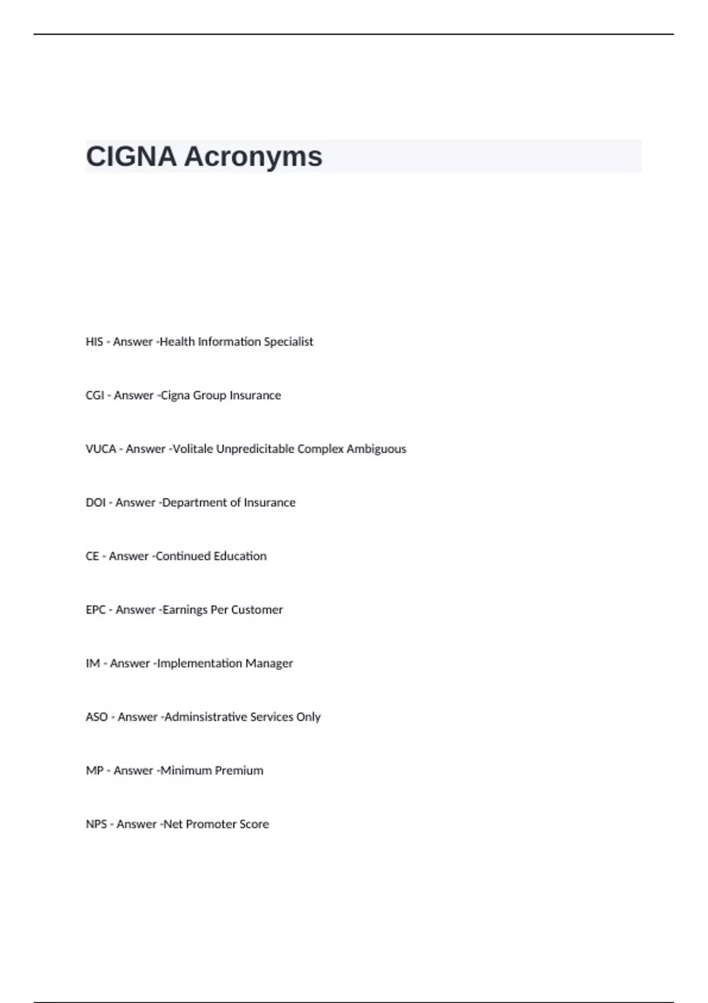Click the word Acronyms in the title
click(253, 157)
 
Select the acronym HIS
click(94, 342)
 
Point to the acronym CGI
click(94, 395)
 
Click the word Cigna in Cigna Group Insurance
click(176, 395)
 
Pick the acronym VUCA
click(101, 449)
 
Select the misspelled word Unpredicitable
click(255, 449)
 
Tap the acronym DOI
click(96, 503)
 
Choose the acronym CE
click(92, 556)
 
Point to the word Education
click(240, 556)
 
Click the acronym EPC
click(96, 610)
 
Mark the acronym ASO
click(97, 717)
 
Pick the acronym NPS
click(96, 824)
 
